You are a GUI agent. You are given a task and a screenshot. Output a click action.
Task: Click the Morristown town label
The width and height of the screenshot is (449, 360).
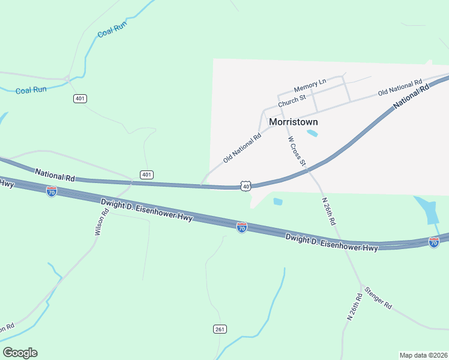pyautogui.click(x=294, y=122)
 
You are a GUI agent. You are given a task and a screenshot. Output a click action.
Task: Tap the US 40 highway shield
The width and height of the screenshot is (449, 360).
pyautogui.click(x=246, y=187)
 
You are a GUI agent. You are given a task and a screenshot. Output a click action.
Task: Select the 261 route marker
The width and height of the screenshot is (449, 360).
pyautogui.click(x=220, y=329)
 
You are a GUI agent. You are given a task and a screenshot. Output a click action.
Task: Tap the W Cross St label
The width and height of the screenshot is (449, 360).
pyautogui.click(x=297, y=151)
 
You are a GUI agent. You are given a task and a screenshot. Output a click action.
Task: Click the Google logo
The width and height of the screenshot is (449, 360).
pyautogui.click(x=20, y=353)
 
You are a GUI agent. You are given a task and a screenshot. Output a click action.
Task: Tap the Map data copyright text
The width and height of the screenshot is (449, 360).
pyautogui.click(x=423, y=355)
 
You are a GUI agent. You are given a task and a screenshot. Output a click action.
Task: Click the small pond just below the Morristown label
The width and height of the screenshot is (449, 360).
pyautogui.click(x=312, y=133)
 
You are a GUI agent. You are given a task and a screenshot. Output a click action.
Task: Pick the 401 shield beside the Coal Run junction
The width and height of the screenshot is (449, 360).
pyautogui.click(x=80, y=98)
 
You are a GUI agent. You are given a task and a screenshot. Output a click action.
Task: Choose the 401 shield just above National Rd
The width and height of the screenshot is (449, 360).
pyautogui.click(x=146, y=175)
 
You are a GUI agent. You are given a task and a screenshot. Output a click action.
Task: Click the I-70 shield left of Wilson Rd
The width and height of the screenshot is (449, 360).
pyautogui.click(x=52, y=191)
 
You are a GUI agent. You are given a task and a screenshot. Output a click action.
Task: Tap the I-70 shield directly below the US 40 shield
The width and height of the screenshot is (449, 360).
pyautogui.click(x=241, y=228)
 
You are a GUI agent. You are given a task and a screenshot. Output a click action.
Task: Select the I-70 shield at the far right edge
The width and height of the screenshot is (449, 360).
pyautogui.click(x=434, y=242)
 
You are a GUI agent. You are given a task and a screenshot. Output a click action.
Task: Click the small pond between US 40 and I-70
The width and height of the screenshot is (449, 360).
pyautogui.click(x=277, y=202)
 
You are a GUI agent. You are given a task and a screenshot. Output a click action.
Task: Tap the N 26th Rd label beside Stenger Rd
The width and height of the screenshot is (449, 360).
pyautogui.click(x=355, y=307)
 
